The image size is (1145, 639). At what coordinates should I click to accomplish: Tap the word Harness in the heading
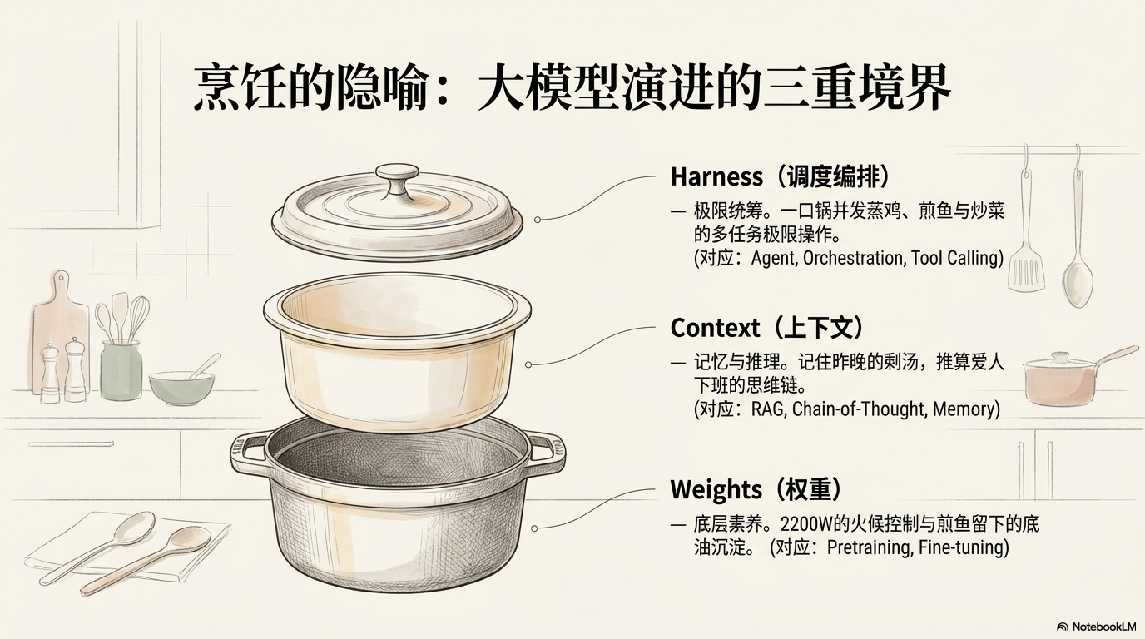coord(716,177)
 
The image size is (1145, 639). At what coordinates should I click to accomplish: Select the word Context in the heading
coord(715,328)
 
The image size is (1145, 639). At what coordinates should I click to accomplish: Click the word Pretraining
coord(869,547)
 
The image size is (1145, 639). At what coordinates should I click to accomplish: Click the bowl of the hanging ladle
coord(1078,282)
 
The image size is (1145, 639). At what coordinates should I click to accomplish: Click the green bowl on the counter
coord(181,387)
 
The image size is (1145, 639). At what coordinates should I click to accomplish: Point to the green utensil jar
coord(121,370)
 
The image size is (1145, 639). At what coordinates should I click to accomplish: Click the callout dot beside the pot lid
coord(538,220)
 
